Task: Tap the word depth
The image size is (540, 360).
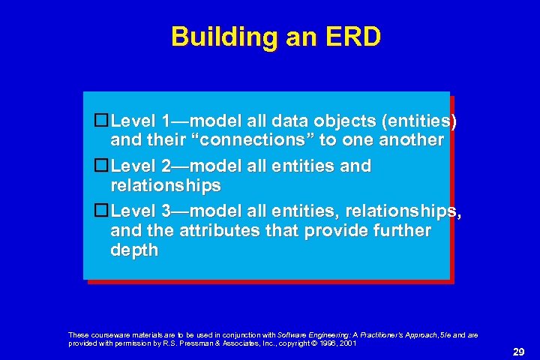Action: [134, 250]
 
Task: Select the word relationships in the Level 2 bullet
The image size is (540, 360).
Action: [166, 185]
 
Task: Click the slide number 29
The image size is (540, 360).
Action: [517, 351]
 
